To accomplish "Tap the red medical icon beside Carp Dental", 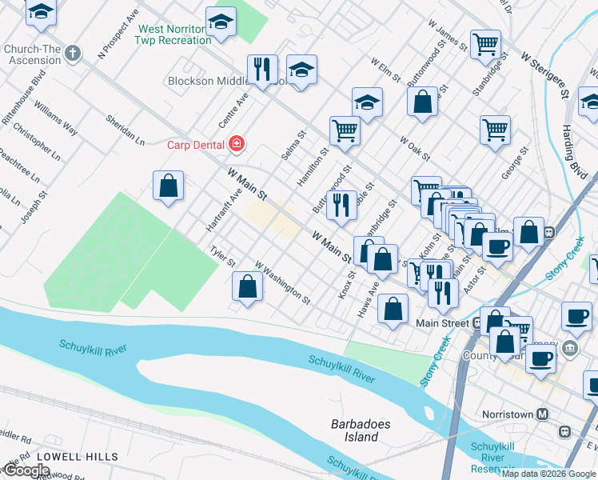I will (x=236, y=145).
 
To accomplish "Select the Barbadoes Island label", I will (x=355, y=430).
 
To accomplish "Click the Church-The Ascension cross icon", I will (x=72, y=54).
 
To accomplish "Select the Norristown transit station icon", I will (x=543, y=414).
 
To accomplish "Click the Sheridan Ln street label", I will (x=126, y=129).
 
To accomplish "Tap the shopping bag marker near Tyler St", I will (x=248, y=288).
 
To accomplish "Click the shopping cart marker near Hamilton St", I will (x=345, y=130).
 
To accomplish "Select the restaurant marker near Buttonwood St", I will (x=341, y=205).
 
